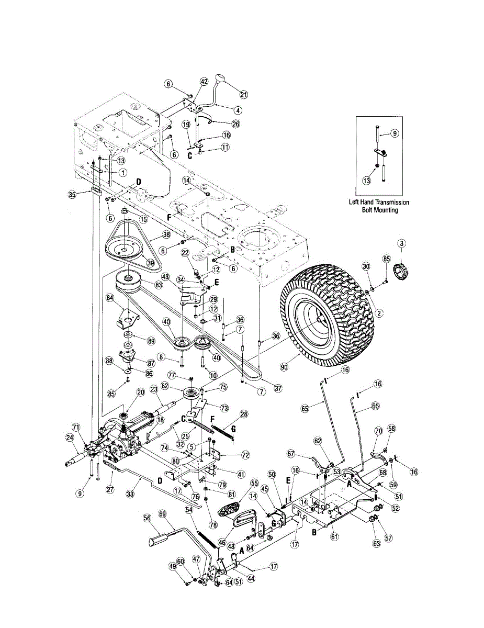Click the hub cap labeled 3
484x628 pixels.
[402, 273]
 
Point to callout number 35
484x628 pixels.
[72, 195]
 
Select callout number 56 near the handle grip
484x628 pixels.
[147, 518]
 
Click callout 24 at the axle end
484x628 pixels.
[69, 438]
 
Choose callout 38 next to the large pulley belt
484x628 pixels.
[166, 235]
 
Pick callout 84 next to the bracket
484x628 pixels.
[109, 298]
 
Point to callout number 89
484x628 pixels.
[151, 341]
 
